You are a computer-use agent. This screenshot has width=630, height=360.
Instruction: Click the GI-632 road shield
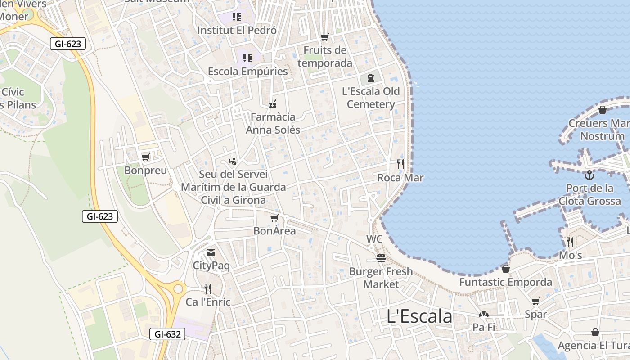pyautogui.click(x=167, y=334)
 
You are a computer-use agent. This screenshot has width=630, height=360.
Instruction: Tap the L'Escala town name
pyautogui.click(x=419, y=316)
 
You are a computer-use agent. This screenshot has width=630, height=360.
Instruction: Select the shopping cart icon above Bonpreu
pyautogui.click(x=145, y=157)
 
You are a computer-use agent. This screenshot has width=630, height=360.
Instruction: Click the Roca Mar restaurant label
pyautogui.click(x=400, y=178)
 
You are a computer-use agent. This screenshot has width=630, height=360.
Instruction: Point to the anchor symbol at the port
pyautogui.click(x=589, y=175)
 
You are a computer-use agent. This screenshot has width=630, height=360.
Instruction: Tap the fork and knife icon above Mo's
pyautogui.click(x=570, y=242)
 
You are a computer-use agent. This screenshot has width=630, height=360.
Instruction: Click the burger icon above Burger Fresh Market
pyautogui.click(x=381, y=258)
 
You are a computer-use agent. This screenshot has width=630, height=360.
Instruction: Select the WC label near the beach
pyautogui.click(x=374, y=239)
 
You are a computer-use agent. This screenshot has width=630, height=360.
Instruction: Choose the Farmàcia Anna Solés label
pyautogui.click(x=273, y=123)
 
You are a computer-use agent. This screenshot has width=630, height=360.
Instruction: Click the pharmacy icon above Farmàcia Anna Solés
pyautogui.click(x=272, y=104)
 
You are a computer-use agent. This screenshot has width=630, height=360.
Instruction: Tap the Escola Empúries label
pyautogui.click(x=247, y=72)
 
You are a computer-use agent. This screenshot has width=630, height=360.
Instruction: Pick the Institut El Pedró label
pyautogui.click(x=237, y=30)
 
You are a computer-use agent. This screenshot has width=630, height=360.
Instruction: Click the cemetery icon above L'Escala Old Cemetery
pyautogui.click(x=370, y=78)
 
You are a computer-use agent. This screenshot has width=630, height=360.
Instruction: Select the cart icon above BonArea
pyautogui.click(x=274, y=218)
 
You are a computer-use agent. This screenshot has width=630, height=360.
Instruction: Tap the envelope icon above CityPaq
pyautogui.click(x=211, y=252)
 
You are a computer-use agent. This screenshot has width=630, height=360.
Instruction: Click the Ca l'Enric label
pyautogui.click(x=208, y=302)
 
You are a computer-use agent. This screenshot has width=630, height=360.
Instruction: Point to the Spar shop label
pyautogui.click(x=535, y=314)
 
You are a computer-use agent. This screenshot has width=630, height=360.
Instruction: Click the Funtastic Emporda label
pyautogui.click(x=505, y=282)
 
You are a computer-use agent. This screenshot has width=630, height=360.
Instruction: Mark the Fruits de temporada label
pyautogui.click(x=325, y=56)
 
